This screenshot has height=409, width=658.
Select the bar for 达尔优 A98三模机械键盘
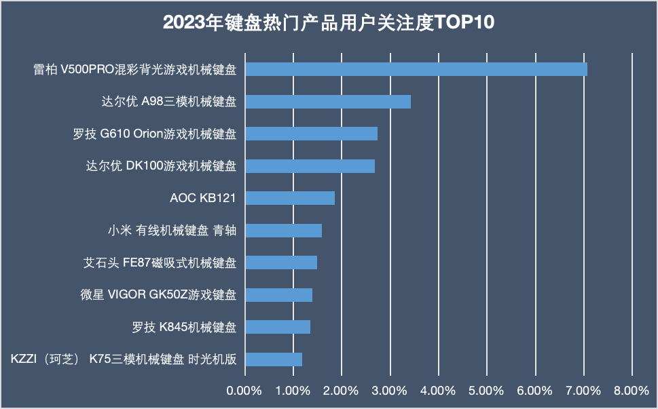327,102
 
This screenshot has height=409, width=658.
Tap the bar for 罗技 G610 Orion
311,134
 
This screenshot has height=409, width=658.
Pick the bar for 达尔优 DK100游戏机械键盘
310,166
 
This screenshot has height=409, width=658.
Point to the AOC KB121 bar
289,198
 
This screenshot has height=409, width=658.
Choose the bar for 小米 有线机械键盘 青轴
283,231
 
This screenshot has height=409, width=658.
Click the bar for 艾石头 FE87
280,262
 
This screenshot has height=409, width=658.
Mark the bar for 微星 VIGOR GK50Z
278,295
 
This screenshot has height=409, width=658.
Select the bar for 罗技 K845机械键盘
277,327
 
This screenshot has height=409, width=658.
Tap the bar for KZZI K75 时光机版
273,359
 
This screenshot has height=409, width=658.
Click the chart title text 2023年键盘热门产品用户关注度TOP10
329,23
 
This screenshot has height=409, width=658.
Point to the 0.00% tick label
244,391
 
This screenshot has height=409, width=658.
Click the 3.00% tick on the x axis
390,391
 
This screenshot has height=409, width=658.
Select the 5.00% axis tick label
487,391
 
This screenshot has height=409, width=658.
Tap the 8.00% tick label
632,391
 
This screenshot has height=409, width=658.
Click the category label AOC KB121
203,198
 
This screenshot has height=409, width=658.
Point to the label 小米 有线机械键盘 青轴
172,231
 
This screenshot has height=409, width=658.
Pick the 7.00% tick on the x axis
584,391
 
